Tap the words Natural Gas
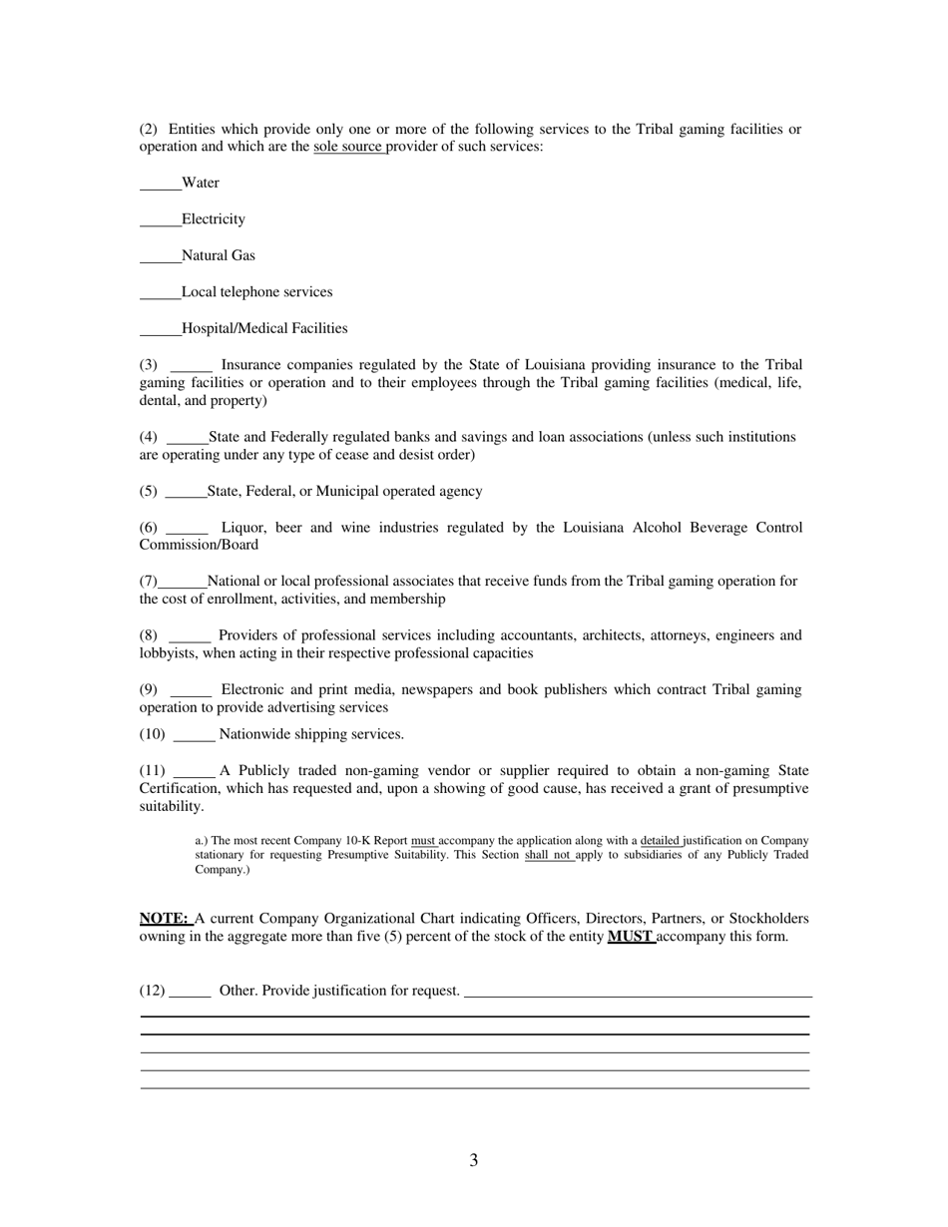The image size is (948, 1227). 219,256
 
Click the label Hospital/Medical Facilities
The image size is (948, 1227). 264,328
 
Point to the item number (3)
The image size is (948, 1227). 149,365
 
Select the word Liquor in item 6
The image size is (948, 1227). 242,528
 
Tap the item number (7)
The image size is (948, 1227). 149,582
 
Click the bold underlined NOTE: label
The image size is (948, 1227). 164,919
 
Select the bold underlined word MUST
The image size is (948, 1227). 630,937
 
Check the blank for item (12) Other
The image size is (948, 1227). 190,994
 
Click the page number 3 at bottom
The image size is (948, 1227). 473,1160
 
